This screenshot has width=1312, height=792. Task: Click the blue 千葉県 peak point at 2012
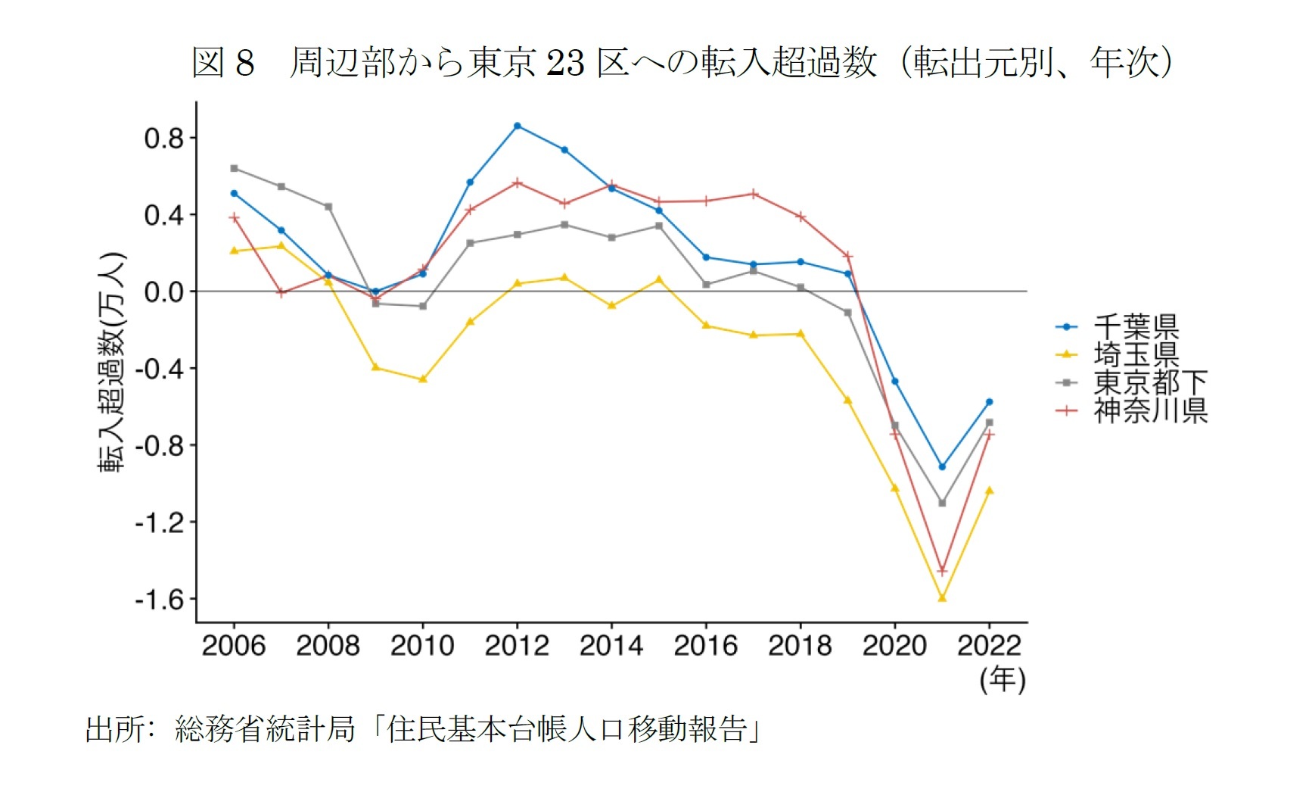tap(517, 126)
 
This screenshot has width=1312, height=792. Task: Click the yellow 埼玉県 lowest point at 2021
tap(942, 598)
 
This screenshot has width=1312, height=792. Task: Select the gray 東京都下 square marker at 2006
tap(234, 168)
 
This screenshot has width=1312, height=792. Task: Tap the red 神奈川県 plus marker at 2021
tap(942, 571)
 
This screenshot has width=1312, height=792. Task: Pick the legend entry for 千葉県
tap(1135, 326)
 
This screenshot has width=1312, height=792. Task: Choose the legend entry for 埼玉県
tap(1135, 354)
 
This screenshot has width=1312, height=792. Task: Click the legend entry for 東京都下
tap(1149, 382)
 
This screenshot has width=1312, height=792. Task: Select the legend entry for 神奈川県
tap(1149, 410)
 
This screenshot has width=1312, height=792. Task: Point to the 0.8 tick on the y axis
tap(163, 139)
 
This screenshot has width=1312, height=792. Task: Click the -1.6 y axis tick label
tap(159, 600)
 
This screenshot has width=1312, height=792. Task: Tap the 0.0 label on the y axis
tap(163, 292)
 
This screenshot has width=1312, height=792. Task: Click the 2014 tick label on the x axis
tap(611, 646)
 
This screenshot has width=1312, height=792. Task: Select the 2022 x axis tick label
tap(988, 646)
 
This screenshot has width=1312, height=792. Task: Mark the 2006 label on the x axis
tap(234, 646)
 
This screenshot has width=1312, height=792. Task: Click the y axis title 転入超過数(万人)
tap(111, 362)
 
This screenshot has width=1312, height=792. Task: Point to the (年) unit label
tap(1002, 679)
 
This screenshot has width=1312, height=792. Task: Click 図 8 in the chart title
tap(222, 62)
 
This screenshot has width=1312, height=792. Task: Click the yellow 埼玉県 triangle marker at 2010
tap(423, 379)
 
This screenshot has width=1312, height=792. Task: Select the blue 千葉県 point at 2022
tap(989, 402)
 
